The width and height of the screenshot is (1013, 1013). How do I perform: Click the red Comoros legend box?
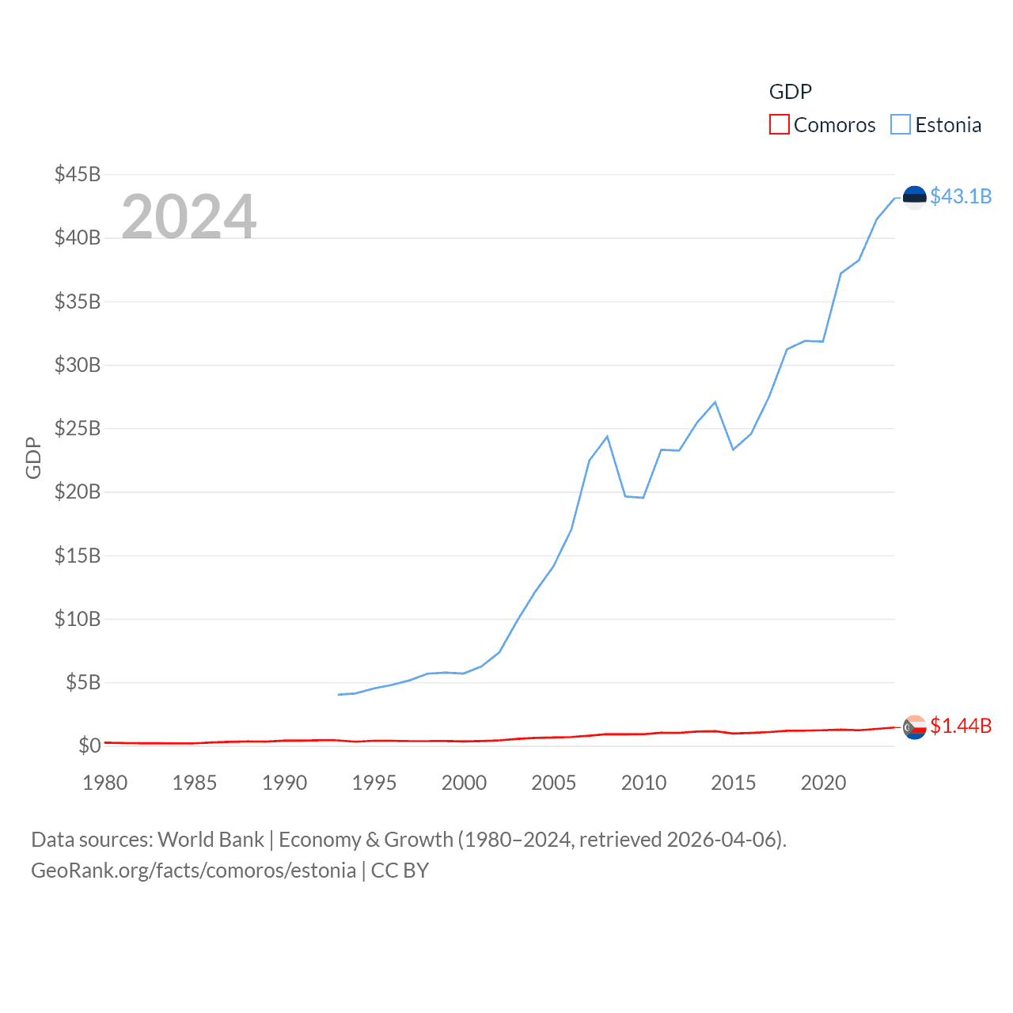[x=779, y=125]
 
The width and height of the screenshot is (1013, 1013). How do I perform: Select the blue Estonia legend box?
[x=901, y=125]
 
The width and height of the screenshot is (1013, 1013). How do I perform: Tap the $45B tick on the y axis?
[x=78, y=174]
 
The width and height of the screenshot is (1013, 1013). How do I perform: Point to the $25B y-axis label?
[x=78, y=428]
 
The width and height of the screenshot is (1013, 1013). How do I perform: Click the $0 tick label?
[x=89, y=746]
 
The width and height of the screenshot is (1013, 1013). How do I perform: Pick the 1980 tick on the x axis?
[x=105, y=783]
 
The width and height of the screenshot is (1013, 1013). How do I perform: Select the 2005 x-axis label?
[x=554, y=783]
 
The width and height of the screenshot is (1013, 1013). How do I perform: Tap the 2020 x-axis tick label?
[x=823, y=783]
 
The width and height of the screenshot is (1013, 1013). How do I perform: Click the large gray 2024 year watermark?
[x=189, y=216]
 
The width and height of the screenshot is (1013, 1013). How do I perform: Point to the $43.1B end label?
[x=961, y=196]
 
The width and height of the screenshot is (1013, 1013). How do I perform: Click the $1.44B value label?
[x=961, y=726]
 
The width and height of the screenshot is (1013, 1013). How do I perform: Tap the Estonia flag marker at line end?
[x=914, y=198]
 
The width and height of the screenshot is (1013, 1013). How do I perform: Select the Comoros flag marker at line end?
[x=914, y=727]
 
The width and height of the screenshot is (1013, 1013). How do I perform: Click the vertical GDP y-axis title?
[x=33, y=457]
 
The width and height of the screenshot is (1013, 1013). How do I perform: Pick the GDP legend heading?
[x=790, y=92]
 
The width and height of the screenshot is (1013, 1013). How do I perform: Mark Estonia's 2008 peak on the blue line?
[x=607, y=436]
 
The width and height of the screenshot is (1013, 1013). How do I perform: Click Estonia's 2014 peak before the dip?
[x=715, y=402]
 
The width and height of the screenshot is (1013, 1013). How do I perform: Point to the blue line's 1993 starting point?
[x=338, y=695]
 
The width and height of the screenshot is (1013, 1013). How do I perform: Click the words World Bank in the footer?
[x=211, y=839]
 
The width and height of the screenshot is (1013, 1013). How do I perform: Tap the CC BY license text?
[x=400, y=871]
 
